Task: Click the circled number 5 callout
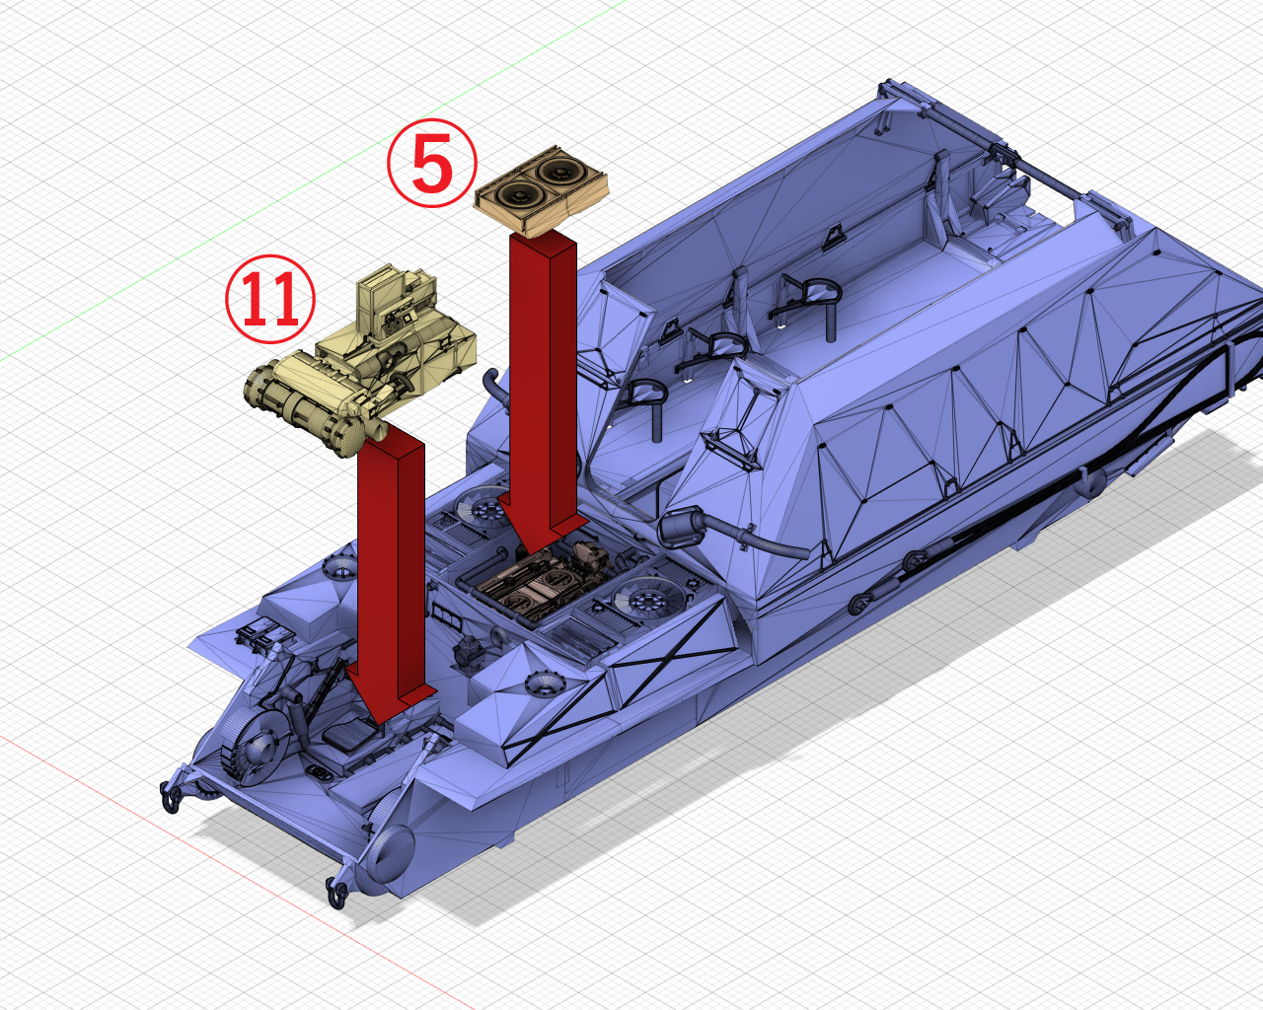432,163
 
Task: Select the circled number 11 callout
270,299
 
